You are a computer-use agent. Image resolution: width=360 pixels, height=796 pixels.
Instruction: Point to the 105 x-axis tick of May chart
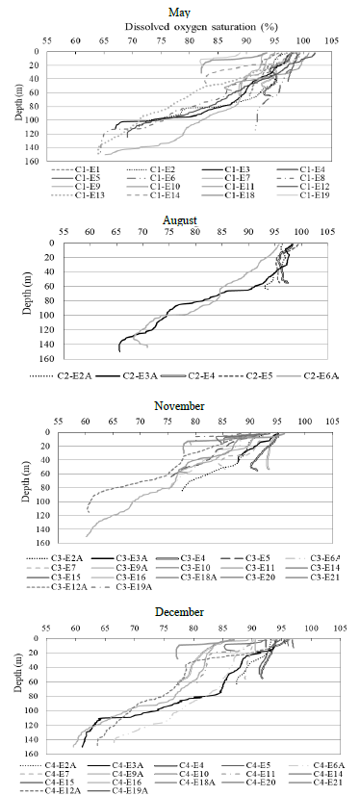(333, 41)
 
